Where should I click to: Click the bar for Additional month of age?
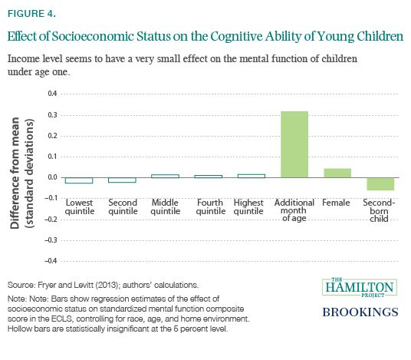[294, 144]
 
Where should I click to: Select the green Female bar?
[337, 173]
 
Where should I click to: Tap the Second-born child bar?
[380, 184]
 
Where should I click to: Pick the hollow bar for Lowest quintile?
[79, 180]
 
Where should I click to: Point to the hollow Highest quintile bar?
[251, 176]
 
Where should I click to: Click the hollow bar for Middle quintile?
[165, 176]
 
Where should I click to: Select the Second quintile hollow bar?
[122, 180]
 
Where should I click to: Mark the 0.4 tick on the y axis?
[52, 94]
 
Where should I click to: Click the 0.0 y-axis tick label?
[52, 177]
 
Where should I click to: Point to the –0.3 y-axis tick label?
[51, 240]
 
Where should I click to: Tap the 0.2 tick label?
[52, 136]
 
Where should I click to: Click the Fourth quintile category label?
[210, 206]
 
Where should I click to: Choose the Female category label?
[336, 203]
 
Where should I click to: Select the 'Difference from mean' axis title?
[15, 173]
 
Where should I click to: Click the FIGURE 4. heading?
[31, 14]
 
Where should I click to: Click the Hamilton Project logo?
[360, 287]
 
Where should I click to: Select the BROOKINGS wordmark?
[360, 312]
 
